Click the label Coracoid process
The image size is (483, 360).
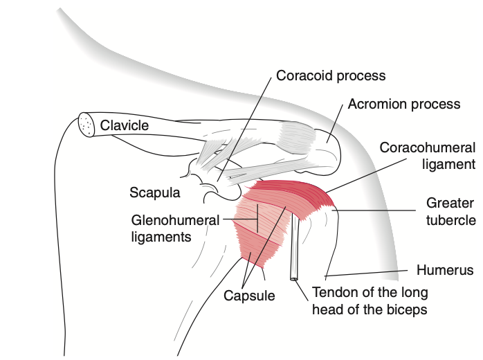(331, 75)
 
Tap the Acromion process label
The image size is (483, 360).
(404, 105)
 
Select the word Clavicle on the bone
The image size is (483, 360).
(125, 126)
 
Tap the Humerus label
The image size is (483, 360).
(444, 269)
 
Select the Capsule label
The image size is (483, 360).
(249, 296)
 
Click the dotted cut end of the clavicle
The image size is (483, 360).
(86, 125)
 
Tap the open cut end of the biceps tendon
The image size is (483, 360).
(294, 279)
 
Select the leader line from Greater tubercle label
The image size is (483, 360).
(381, 210)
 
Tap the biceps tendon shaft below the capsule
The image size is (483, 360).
(295, 249)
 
